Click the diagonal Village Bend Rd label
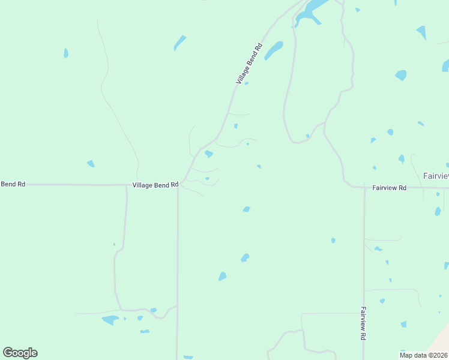point(249,64)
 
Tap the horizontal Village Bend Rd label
point(155,185)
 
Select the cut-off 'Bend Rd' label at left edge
point(12,184)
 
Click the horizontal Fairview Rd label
point(389,188)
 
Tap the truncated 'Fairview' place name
point(436,176)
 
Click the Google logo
point(20,353)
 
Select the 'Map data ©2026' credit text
point(423,355)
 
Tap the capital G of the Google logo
point(8,353)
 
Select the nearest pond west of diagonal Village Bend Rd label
point(179,43)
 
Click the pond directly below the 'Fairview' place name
point(438,211)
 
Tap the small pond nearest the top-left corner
point(66,53)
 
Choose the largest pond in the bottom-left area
point(110,320)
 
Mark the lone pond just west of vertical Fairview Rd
point(333,241)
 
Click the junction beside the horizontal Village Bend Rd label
point(178,185)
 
